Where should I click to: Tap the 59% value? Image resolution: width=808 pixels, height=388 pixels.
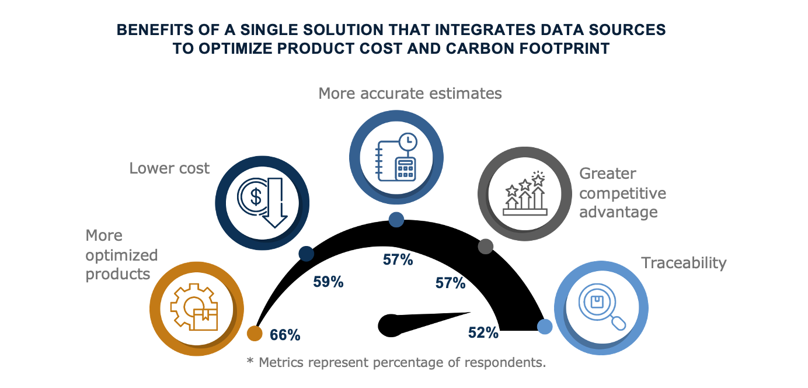[328, 282]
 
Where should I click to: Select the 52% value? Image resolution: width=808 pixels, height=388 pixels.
[483, 332]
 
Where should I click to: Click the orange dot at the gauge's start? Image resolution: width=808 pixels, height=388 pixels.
[255, 333]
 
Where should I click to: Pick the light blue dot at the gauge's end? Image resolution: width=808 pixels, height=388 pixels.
[545, 327]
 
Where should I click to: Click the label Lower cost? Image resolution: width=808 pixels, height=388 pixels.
[169, 169]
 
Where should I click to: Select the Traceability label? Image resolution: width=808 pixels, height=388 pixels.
[684, 263]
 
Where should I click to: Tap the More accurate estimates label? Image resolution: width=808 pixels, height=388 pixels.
[410, 93]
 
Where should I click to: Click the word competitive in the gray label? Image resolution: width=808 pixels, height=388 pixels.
[622, 193]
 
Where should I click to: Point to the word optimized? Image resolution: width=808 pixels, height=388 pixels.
[121, 255]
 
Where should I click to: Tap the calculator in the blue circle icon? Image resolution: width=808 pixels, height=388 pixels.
[405, 168]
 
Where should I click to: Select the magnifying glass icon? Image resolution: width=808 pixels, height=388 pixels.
[601, 307]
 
